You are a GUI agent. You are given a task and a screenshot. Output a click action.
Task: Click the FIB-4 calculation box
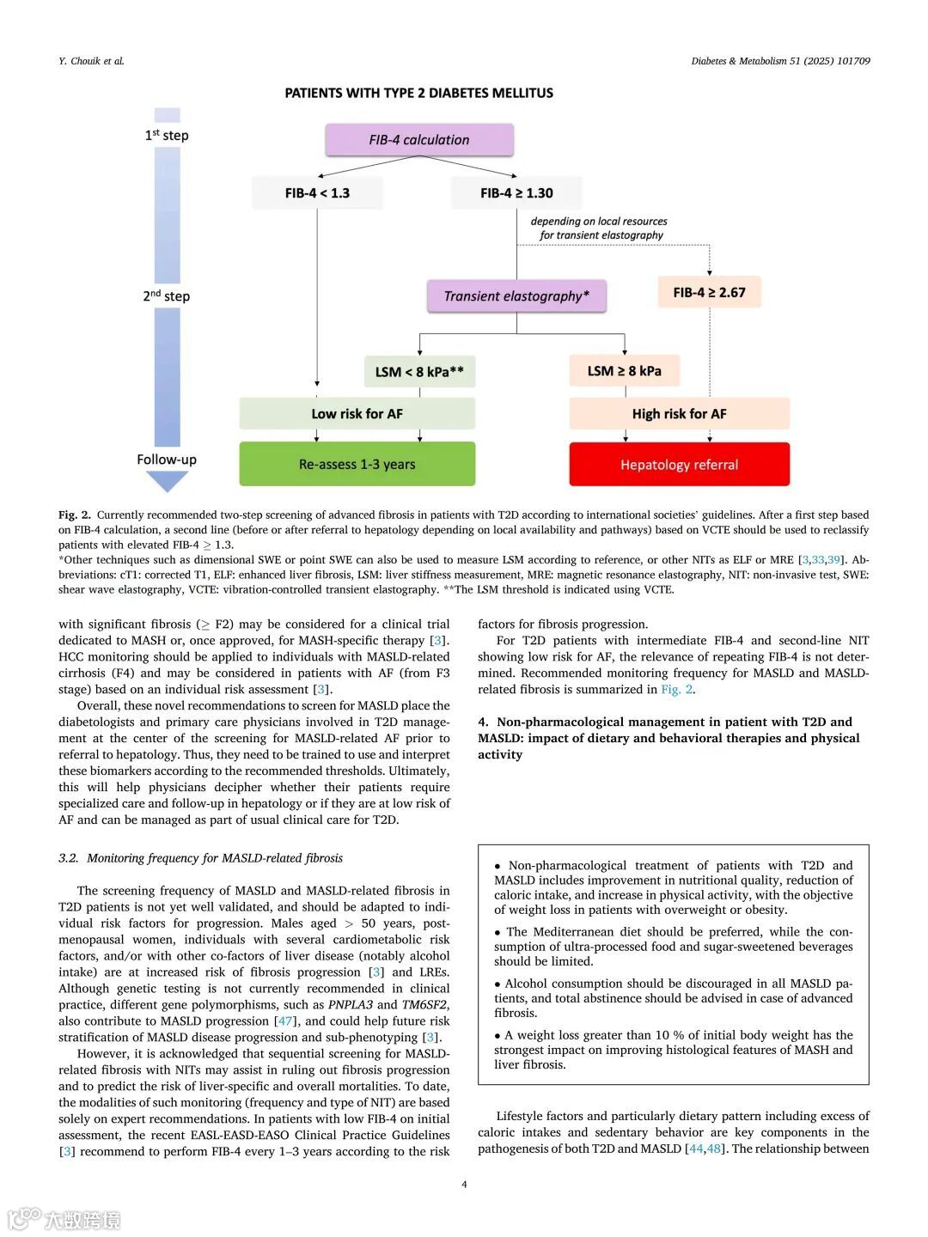coord(419,140)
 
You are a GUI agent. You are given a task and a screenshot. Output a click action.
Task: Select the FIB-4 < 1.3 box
coord(317,193)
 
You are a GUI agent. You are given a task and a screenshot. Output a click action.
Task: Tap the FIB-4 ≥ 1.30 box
coord(516,193)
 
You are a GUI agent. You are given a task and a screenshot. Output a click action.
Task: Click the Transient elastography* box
coord(516,296)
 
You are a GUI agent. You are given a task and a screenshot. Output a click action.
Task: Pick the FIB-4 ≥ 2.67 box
coord(709,292)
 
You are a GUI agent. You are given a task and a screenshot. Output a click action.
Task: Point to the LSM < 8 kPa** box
coord(419,372)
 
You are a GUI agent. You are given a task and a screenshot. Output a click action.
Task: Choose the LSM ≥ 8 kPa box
coord(625,371)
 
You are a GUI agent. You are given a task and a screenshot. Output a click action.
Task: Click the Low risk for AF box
coord(357,414)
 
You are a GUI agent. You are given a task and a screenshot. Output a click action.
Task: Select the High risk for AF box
coord(679,414)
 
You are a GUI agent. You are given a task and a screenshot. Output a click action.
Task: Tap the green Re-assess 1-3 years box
coord(357,464)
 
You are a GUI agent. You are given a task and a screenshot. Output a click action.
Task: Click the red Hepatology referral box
coord(679,465)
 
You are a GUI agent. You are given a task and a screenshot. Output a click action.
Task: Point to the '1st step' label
coord(167,135)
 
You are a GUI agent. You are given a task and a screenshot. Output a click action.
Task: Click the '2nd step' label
coord(167,296)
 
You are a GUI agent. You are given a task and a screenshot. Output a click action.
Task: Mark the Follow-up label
coord(167,460)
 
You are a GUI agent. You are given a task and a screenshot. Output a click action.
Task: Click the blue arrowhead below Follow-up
coord(167,481)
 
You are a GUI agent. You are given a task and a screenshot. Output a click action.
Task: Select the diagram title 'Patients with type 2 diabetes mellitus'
coord(419,93)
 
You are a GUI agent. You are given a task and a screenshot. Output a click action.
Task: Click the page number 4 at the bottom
coord(464,1185)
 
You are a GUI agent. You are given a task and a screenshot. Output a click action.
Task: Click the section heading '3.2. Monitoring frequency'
coord(200,858)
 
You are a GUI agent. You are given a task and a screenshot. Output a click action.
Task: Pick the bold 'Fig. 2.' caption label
coord(75,515)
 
